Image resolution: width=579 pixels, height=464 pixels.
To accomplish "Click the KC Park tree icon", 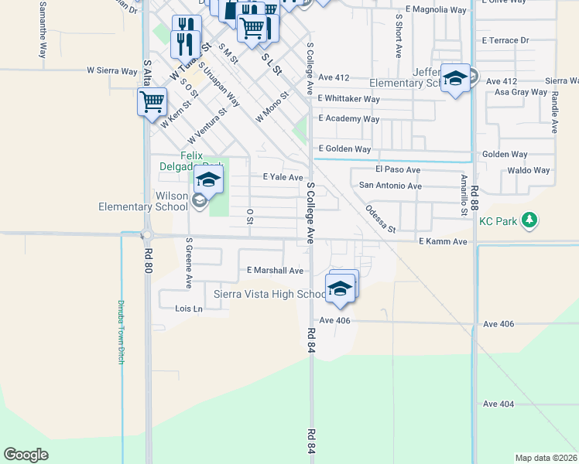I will [x=529, y=222].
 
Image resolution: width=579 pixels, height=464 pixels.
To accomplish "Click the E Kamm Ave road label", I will [x=443, y=242].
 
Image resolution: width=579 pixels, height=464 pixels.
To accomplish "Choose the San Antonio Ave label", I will [x=391, y=186].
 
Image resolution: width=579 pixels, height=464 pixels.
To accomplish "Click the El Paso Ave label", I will [x=397, y=169].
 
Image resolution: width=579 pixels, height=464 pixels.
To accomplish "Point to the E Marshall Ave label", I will [x=275, y=271].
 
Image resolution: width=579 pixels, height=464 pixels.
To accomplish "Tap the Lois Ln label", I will [x=189, y=309].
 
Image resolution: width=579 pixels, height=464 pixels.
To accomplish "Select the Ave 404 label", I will [x=498, y=404].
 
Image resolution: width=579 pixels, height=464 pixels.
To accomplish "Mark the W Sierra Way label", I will [x=111, y=70].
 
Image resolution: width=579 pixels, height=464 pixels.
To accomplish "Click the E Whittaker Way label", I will [x=349, y=99].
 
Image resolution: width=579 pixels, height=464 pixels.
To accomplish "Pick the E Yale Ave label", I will [x=283, y=177].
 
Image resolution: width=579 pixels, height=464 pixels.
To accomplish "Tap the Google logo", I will [x=26, y=454].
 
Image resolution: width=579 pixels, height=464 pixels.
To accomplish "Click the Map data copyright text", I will [x=545, y=458].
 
